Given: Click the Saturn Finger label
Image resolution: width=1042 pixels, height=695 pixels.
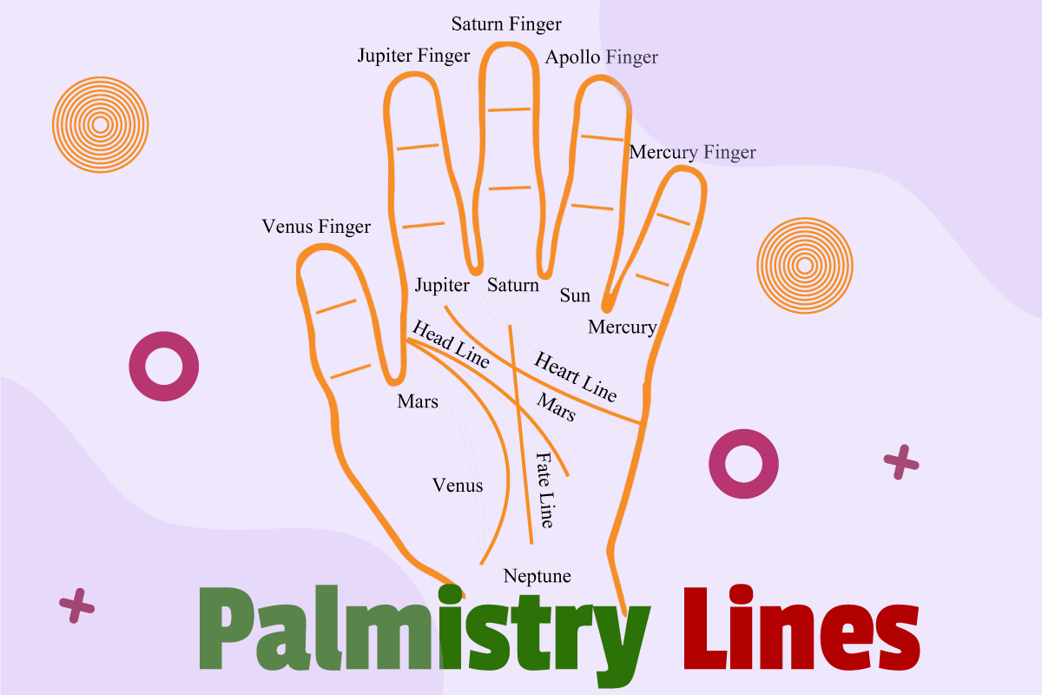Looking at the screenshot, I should [506, 24].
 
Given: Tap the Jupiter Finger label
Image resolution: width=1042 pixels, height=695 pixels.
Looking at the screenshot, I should [413, 56].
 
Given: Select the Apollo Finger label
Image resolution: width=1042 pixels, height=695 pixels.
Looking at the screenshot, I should [601, 58].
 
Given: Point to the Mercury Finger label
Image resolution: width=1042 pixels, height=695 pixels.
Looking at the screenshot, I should [692, 152].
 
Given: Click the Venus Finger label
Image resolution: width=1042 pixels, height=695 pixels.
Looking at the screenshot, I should [316, 227].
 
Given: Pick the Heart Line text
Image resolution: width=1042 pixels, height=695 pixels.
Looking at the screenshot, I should [575, 376].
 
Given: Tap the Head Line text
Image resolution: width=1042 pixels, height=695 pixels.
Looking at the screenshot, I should [451, 344].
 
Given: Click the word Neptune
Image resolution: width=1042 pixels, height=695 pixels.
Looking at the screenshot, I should [537, 576].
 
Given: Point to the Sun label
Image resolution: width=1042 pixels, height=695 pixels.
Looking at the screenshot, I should [575, 295].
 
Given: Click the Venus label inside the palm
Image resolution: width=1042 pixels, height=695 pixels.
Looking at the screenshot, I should [458, 486].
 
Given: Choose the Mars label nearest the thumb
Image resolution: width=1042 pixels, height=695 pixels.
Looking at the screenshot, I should [418, 401].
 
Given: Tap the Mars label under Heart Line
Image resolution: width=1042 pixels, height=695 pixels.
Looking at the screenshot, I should [556, 407].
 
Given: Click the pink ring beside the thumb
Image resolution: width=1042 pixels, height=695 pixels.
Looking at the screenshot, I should [163, 366].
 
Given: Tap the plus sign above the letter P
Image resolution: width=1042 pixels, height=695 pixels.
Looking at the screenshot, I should [76, 606].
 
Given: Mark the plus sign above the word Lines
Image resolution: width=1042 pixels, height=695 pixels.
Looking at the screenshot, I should [900, 462].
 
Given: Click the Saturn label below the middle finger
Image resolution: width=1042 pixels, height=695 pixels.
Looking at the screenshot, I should [512, 285].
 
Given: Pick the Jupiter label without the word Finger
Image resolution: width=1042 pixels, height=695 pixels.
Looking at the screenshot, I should [442, 285].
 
